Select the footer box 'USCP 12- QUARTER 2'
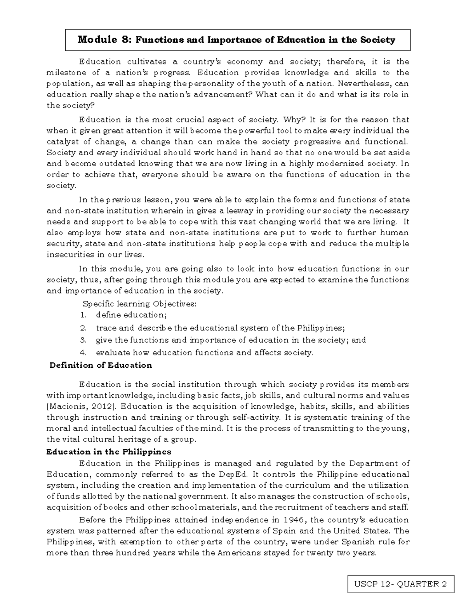(x=400, y=584)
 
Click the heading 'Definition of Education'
(x=101, y=365)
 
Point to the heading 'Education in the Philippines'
(x=108, y=452)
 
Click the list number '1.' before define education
(x=83, y=315)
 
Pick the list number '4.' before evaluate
(x=83, y=353)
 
